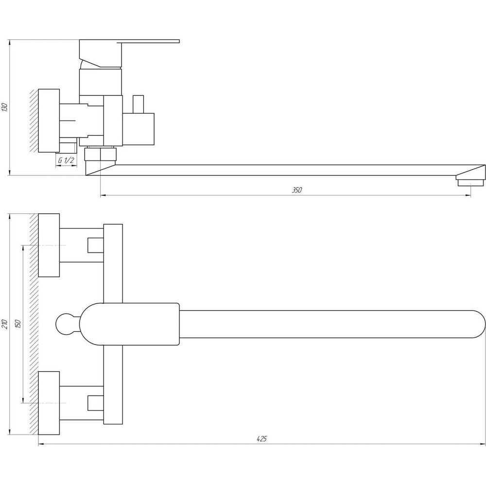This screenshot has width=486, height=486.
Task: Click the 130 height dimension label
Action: pyautogui.click(x=4, y=107)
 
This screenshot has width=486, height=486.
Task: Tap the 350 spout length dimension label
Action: pyautogui.click(x=296, y=190)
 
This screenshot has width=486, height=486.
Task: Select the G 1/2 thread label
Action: pyautogui.click(x=66, y=160)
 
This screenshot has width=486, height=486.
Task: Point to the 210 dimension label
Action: pyautogui.click(x=5, y=324)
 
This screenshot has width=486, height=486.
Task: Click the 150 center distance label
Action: pyautogui.click(x=17, y=324)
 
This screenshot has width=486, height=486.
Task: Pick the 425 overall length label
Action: pyautogui.click(x=261, y=438)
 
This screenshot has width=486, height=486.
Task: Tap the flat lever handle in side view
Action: pyautogui.click(x=149, y=41)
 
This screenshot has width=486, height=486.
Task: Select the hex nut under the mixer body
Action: pyautogui.click(x=101, y=154)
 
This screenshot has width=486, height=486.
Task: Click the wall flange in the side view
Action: pyautogui.click(x=49, y=121)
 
